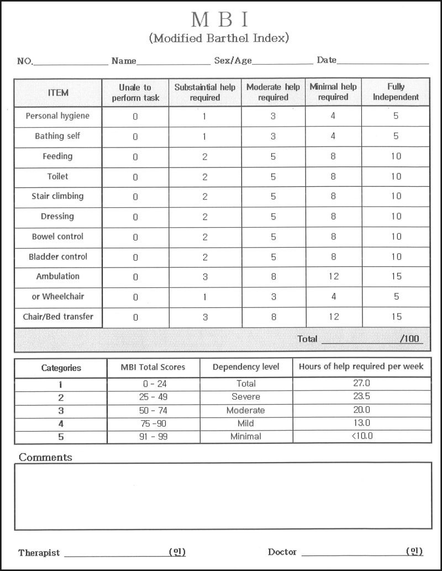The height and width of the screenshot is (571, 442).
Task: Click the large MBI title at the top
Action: pyautogui.click(x=219, y=20)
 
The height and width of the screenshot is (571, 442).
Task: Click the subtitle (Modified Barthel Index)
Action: pyautogui.click(x=219, y=38)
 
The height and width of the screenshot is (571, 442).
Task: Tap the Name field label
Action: pyautogui.click(x=124, y=61)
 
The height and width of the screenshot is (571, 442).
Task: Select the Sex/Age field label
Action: pyautogui.click(x=233, y=61)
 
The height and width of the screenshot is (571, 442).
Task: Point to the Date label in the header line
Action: pyautogui.click(x=327, y=60)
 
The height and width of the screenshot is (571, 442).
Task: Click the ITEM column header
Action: pyautogui.click(x=58, y=92)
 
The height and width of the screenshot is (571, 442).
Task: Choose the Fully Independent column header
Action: pyautogui.click(x=396, y=92)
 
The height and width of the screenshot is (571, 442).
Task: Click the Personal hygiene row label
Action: pyautogui.click(x=57, y=116)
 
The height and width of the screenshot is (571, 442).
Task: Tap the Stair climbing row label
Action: pyautogui.click(x=57, y=196)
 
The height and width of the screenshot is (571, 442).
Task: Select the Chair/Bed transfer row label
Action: pyautogui.click(x=58, y=317)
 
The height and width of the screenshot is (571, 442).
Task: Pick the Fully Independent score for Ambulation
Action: pyautogui.click(x=396, y=276)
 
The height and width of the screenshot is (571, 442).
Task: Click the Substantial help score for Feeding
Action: pyautogui.click(x=205, y=156)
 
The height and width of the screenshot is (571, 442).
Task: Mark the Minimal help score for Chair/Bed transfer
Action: pyautogui.click(x=333, y=317)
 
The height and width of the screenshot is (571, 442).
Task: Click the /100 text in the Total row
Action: pyautogui.click(x=409, y=339)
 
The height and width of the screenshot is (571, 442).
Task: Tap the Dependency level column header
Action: pyautogui.click(x=246, y=367)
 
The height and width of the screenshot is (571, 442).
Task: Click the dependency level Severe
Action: pyautogui.click(x=245, y=397)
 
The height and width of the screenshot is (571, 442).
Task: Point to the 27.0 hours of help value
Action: pyautogui.click(x=361, y=383)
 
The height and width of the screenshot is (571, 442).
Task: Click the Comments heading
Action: pyautogui.click(x=45, y=458)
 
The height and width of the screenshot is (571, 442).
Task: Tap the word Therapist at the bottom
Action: pyautogui.click(x=39, y=552)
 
